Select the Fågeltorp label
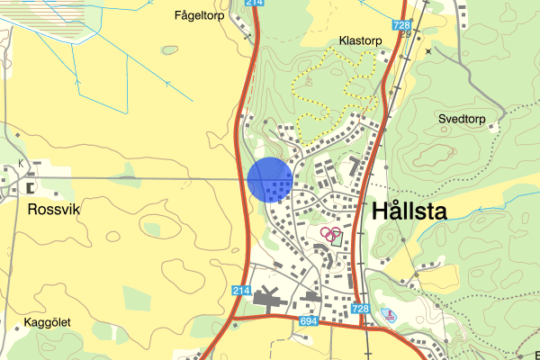199,14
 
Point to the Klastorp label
361,41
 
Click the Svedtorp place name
462,118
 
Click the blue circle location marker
269,179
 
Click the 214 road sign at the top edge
255,4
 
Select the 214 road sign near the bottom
239,291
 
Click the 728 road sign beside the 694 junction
361,310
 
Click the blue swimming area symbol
388,314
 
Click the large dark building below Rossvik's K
32,187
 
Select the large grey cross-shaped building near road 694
267,296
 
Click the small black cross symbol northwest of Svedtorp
429,51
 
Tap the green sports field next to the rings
337,238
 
